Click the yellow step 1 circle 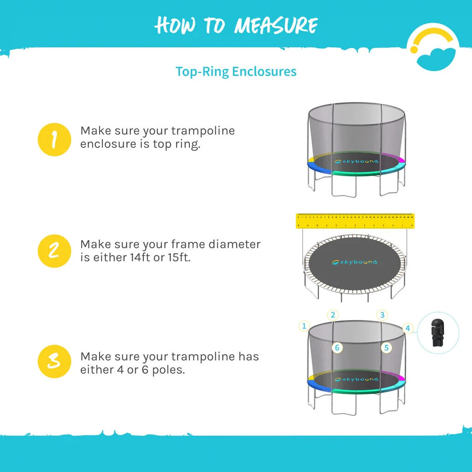[54, 140]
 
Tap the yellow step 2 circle [54, 251]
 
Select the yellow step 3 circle [54, 361]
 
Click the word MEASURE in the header [275, 25]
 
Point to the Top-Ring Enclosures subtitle [236, 72]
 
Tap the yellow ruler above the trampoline [354, 221]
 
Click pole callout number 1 [303, 326]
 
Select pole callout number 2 [333, 315]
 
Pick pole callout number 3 [381, 315]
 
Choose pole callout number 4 [407, 328]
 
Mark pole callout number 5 [386, 348]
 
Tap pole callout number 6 [337, 348]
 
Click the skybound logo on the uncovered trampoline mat [355, 262]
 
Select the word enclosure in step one [107, 144]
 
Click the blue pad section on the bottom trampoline [320, 386]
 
